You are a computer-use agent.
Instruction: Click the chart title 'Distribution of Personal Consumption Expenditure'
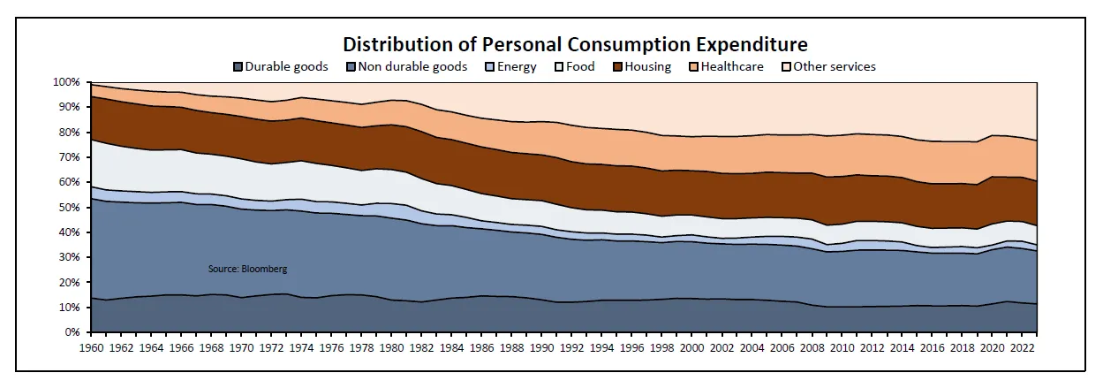[x=575, y=44]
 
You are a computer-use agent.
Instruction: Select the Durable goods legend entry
[x=281, y=66]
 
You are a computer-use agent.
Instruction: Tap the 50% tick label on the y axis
[x=70, y=208]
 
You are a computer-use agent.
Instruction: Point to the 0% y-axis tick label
[x=72, y=333]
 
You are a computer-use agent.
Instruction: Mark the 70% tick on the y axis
[x=70, y=157]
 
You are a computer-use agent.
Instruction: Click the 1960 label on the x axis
[x=92, y=348]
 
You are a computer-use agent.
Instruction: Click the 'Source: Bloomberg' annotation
[x=246, y=269]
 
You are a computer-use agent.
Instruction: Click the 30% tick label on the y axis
[x=70, y=258]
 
